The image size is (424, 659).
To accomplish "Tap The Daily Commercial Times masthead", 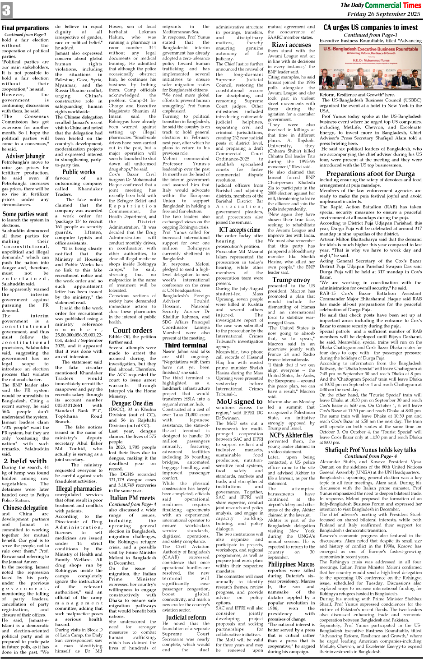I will [380, 5].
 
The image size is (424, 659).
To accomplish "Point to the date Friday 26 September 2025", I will [383, 14].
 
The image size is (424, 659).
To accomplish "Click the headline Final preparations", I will [25, 28].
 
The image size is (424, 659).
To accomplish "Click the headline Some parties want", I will [25, 214].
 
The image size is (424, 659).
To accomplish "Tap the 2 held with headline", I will [25, 461].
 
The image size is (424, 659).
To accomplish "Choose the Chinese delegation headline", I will [25, 507].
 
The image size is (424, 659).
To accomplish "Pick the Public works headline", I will [79, 171].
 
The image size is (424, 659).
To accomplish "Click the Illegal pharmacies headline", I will [79, 488].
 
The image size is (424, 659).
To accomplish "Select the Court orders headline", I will [132, 330].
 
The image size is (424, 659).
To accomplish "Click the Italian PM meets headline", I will [132, 498].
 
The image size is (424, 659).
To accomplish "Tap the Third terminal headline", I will [186, 345].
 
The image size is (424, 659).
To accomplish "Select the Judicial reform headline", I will [186, 617].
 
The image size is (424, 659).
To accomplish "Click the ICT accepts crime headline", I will [239, 230].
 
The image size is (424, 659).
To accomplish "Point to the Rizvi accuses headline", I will [291, 45].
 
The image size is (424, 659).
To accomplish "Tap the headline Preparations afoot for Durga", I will [371, 174].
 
